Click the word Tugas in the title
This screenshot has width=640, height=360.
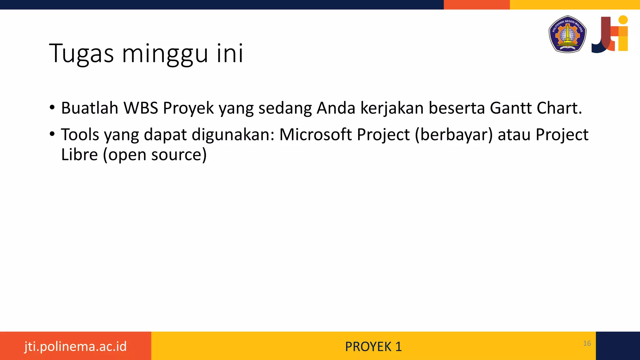click(81, 54)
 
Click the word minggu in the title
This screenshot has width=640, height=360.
click(165, 54)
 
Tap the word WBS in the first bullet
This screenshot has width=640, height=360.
click(141, 108)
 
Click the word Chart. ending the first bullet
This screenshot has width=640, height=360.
click(559, 108)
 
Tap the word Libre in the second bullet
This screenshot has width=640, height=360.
click(79, 154)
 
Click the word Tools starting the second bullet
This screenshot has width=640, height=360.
click(80, 135)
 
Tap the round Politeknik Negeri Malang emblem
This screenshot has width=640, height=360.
click(567, 34)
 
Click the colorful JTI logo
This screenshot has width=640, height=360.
click(610, 34)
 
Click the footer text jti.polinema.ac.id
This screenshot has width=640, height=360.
click(75, 346)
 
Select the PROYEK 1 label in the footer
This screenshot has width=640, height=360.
click(373, 347)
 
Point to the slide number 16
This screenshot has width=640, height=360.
click(587, 343)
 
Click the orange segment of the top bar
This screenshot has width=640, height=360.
click(477, 4)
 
